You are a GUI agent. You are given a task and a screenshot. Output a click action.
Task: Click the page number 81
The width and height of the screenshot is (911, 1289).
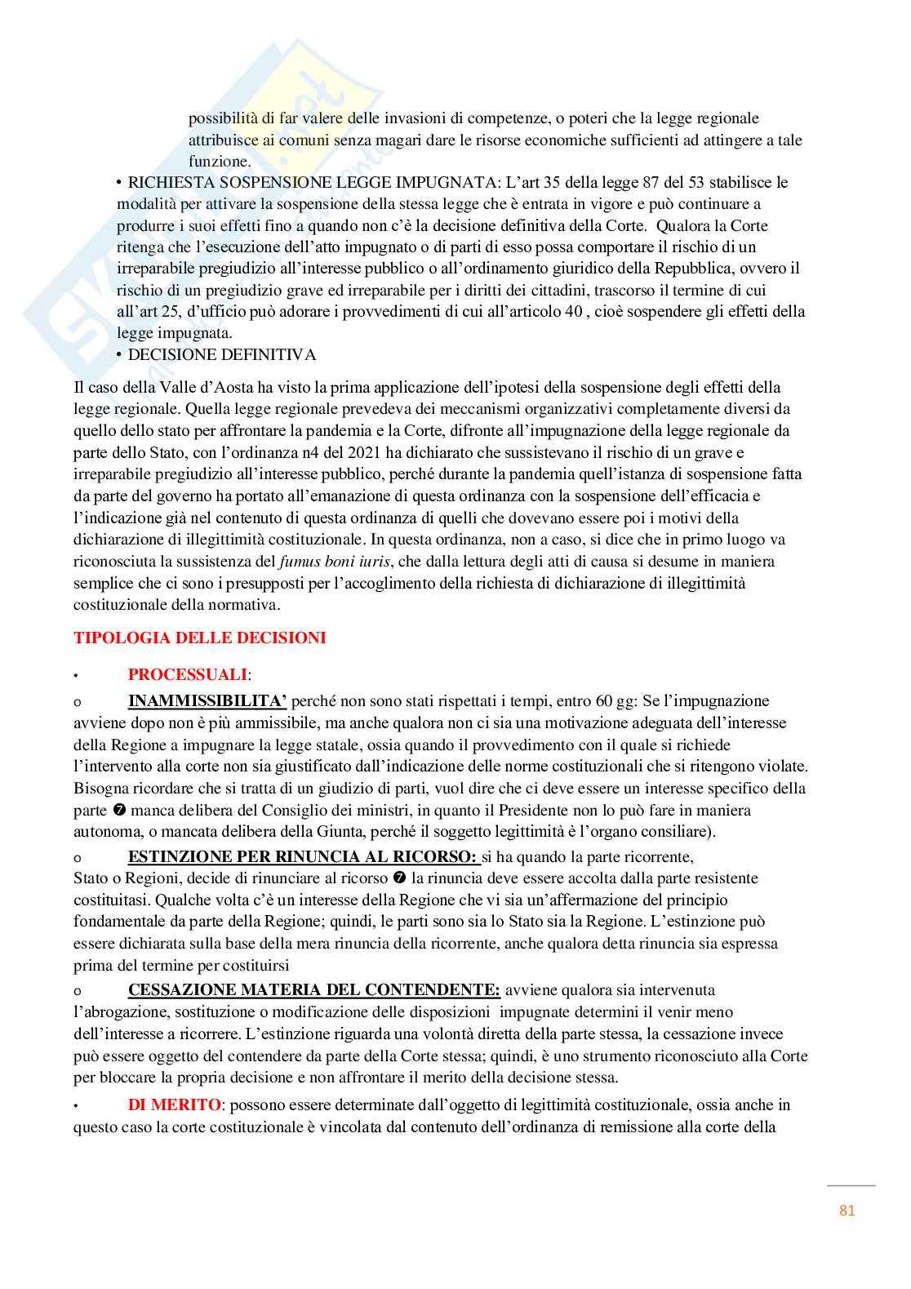click(847, 1211)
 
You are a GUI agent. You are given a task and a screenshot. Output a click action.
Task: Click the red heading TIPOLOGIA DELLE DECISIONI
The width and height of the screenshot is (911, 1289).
click(200, 638)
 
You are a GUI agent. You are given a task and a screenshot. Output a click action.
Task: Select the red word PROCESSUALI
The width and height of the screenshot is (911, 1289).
click(188, 674)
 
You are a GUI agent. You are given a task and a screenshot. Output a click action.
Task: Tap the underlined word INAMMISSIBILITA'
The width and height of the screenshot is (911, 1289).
click(207, 700)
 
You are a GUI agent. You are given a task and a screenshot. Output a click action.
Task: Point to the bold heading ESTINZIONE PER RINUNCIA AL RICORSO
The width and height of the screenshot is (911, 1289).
click(302, 856)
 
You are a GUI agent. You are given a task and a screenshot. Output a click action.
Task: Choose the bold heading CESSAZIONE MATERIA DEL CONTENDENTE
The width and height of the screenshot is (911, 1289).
click(314, 989)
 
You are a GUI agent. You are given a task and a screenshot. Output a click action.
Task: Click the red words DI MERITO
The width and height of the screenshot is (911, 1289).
click(174, 1105)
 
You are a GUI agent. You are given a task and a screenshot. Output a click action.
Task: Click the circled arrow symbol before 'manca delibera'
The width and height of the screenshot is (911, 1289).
click(119, 811)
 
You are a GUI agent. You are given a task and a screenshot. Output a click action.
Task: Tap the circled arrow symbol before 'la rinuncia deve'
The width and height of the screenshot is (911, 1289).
click(400, 878)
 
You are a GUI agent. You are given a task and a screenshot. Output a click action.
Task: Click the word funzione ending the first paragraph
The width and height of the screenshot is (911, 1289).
click(219, 161)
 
